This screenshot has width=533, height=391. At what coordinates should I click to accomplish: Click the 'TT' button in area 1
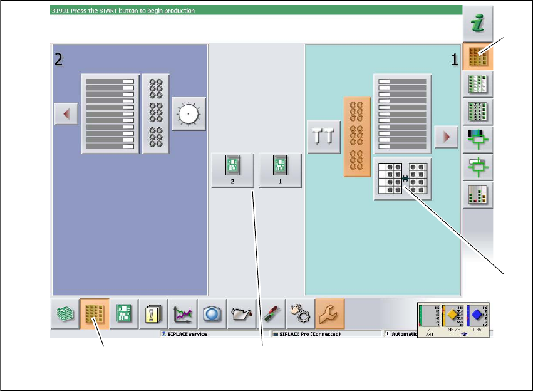(323, 138)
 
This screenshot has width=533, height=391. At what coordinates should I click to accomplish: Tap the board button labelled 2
(232, 170)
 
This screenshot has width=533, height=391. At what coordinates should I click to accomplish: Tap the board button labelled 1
(280, 170)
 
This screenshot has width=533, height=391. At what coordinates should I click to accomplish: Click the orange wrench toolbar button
(331, 314)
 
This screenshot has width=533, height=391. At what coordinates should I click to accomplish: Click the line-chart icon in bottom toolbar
(184, 314)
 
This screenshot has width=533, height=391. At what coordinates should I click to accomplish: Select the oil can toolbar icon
(242, 314)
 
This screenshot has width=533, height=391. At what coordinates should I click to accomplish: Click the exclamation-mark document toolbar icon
(153, 314)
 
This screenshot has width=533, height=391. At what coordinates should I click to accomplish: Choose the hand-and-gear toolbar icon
(301, 314)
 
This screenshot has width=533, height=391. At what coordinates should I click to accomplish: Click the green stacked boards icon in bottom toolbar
(65, 314)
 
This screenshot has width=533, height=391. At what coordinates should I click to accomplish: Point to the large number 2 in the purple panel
(58, 60)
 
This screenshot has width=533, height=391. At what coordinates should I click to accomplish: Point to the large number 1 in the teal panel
(454, 60)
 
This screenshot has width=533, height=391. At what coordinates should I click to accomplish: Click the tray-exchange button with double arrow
(405, 179)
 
